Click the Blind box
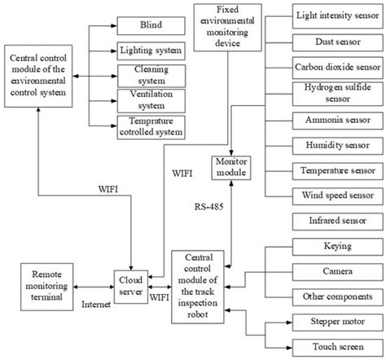coord(151,24)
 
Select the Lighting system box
coord(151,50)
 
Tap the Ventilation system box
coord(151,101)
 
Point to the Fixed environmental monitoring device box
coord(229,24)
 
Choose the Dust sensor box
coord(337,40)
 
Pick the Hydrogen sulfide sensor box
coord(337,93)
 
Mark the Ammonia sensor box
coord(337,119)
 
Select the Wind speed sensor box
coord(337,196)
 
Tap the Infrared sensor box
coord(337,222)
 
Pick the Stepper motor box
coord(337,323)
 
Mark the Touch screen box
coord(337,348)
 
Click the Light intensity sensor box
coord(337,14)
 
